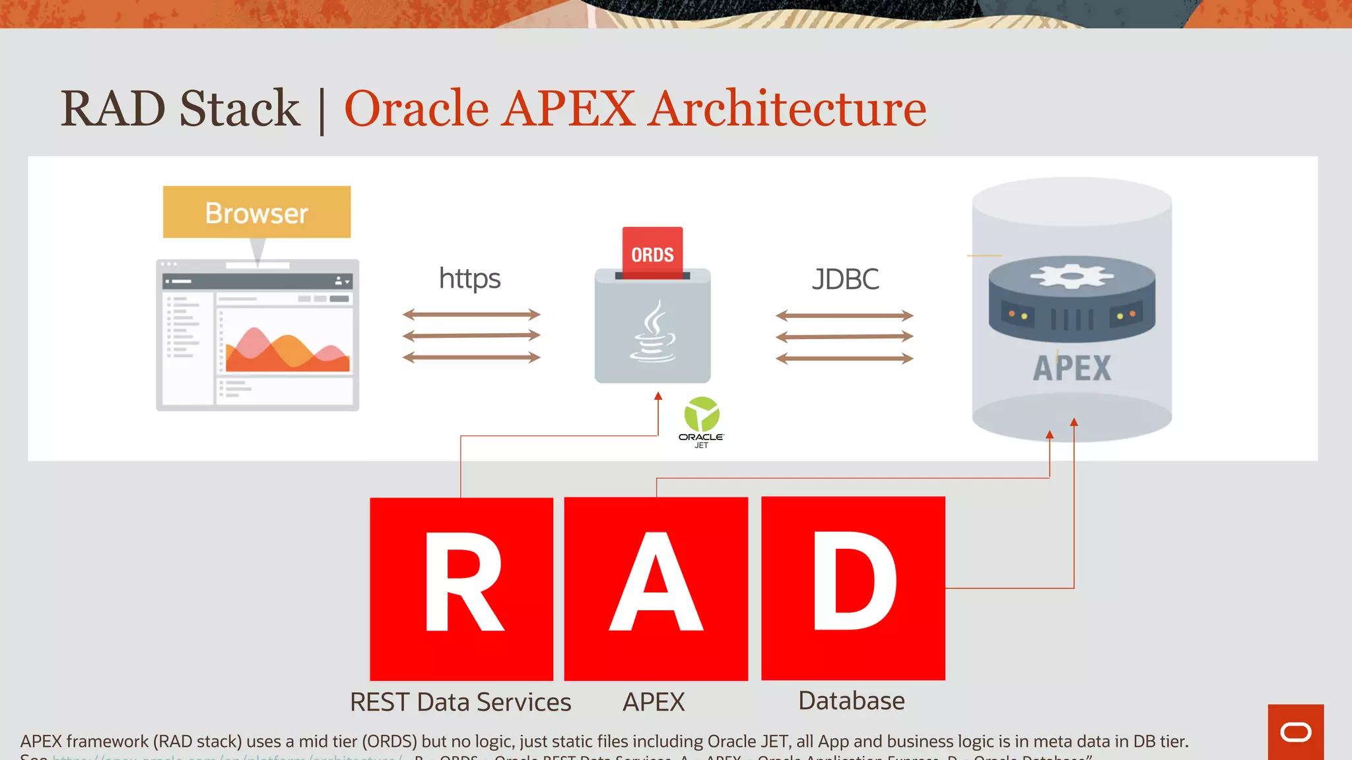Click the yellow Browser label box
[x=257, y=212]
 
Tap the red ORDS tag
[x=652, y=253]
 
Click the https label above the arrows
[x=469, y=278]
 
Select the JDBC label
[x=845, y=279]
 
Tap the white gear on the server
[x=1071, y=276]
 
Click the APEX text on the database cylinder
[x=1071, y=368]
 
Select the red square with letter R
[x=461, y=588]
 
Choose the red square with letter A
[x=656, y=588]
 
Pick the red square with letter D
[x=853, y=588]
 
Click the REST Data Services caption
[x=460, y=702]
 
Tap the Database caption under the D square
[x=852, y=701]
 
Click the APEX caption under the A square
[x=654, y=702]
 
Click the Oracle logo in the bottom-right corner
[x=1295, y=732]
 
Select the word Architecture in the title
[x=787, y=108]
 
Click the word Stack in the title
[x=240, y=108]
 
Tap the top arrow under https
[x=471, y=315]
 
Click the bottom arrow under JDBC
[x=844, y=359]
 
